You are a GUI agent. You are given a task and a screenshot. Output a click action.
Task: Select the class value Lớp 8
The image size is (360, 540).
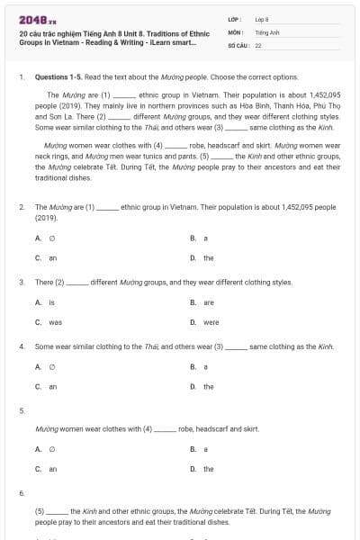click(262, 18)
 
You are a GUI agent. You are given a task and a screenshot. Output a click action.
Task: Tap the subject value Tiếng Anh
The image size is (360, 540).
click(265, 31)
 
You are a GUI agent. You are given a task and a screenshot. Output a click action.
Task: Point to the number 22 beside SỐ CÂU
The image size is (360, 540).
click(257, 44)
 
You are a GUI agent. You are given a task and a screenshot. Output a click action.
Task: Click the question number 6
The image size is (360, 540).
click(22, 492)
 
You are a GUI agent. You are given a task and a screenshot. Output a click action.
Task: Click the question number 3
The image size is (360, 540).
click(22, 282)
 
